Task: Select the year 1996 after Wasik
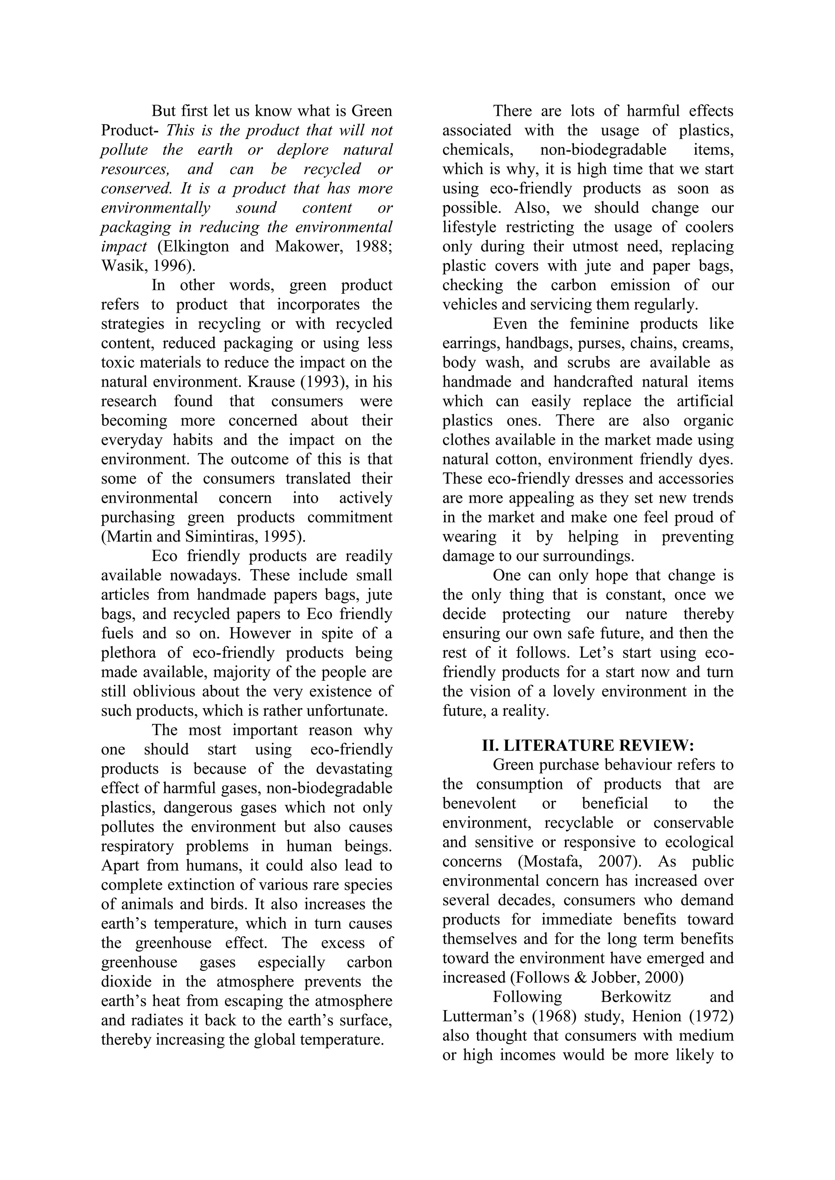[x=173, y=266]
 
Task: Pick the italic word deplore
[x=303, y=150]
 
